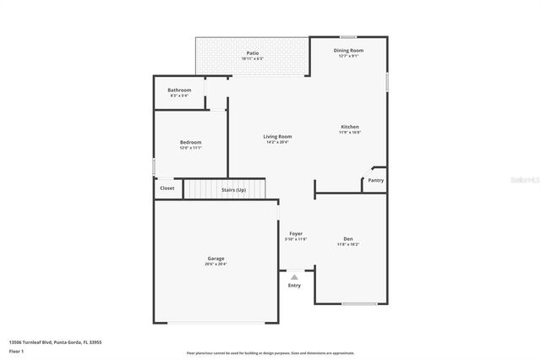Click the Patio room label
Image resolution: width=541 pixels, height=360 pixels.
[252, 53]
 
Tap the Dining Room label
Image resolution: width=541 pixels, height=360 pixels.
[349, 51]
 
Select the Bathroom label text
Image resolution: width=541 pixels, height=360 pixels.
[179, 90]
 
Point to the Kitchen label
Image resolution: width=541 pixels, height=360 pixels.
[350, 127]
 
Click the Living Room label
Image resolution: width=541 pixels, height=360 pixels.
[277, 136]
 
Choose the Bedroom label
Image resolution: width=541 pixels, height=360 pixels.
[190, 142]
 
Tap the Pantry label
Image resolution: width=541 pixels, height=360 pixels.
[376, 179]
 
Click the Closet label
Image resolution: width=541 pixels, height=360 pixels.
[167, 188]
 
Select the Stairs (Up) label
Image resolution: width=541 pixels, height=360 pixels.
[234, 190]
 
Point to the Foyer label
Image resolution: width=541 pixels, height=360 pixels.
[296, 233]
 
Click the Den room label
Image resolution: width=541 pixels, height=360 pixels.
[348, 238]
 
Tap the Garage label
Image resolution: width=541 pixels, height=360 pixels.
[216, 259]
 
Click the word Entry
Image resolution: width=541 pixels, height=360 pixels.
[294, 286]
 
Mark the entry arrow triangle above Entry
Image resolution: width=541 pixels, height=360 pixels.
[294, 276]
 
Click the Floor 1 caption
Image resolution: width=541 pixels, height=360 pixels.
[16, 350]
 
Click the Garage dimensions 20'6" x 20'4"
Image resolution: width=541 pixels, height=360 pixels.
[216, 265]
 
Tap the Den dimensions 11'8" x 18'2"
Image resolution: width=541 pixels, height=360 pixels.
[348, 244]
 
